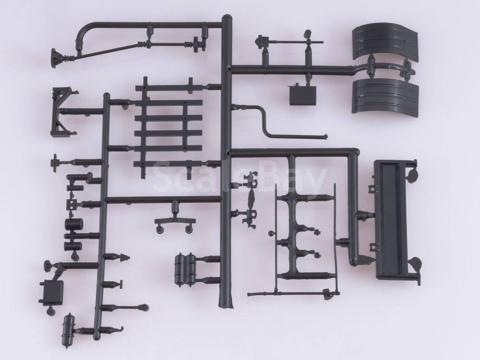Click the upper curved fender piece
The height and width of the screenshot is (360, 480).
[x=385, y=42]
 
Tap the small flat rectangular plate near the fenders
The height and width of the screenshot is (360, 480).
[x=302, y=95]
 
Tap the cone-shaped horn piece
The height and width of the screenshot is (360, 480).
[x=57, y=58]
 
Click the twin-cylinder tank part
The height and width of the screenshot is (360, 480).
[x=185, y=268]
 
